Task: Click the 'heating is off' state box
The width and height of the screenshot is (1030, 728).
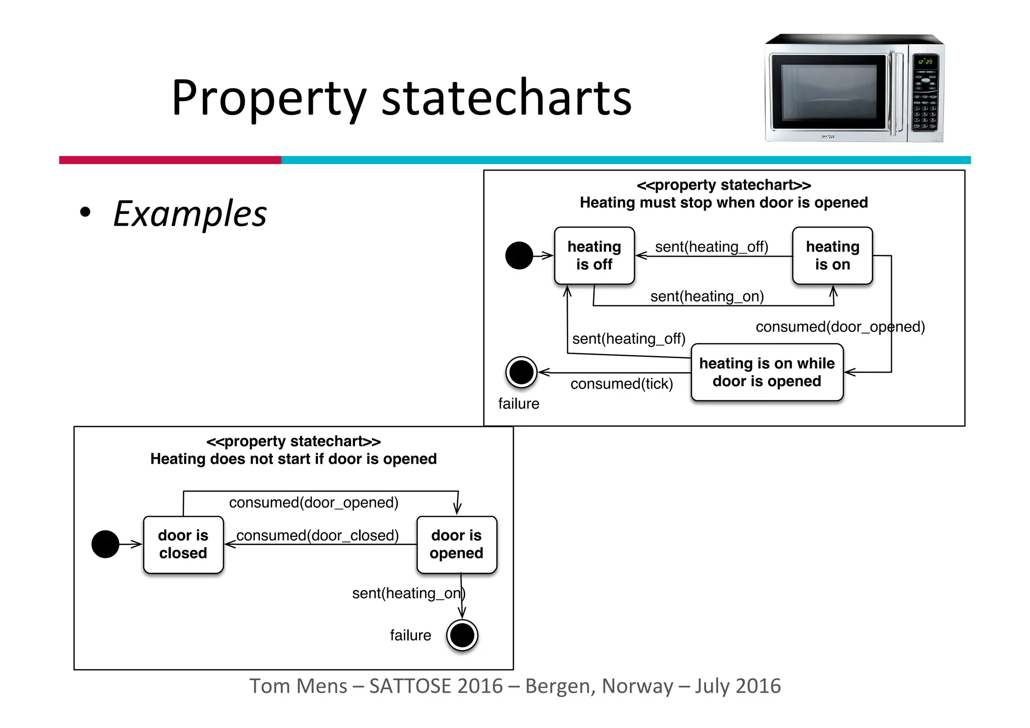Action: [x=594, y=256]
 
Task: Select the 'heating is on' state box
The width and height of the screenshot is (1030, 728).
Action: [x=832, y=256]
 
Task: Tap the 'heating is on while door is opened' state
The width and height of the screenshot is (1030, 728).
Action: [x=766, y=372]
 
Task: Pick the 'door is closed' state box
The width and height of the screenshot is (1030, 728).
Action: [x=183, y=544]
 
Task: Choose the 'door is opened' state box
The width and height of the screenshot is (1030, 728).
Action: [x=456, y=544]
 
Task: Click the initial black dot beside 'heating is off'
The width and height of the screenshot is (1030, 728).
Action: [x=519, y=256]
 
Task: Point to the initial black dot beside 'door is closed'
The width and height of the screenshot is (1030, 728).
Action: [x=105, y=544]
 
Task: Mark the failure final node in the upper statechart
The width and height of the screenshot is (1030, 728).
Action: [x=521, y=372]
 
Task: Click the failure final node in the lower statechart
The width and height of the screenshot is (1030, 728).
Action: [x=462, y=635]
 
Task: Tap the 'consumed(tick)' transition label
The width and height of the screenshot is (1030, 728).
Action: [x=621, y=384]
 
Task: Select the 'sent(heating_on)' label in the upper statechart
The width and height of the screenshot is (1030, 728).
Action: [x=707, y=296]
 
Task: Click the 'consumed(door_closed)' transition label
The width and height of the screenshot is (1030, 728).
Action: [x=317, y=535]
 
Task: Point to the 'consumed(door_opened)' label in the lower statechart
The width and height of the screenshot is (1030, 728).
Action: [x=313, y=503]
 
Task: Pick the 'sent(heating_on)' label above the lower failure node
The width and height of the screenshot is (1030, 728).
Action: [x=407, y=594]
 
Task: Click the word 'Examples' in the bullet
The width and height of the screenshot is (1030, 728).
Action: [x=190, y=214]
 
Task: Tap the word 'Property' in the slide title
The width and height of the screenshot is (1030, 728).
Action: [x=269, y=98]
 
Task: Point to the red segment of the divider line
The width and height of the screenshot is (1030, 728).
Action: [x=170, y=160]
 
